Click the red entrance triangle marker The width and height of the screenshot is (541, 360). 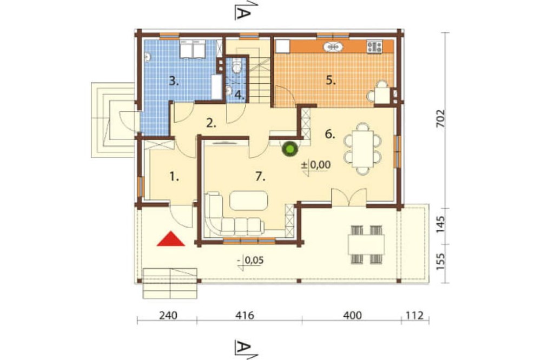(x=171, y=239)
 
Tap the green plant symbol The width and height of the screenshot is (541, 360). (x=290, y=149)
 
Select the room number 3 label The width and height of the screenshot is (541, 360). (x=174, y=82)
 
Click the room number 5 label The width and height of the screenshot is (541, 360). (x=331, y=80)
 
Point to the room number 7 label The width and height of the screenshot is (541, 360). (x=261, y=177)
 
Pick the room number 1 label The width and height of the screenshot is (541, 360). (x=174, y=177)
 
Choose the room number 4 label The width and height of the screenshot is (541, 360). (x=240, y=95)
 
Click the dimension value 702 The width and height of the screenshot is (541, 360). (x=441, y=119)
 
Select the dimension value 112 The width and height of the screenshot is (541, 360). (x=414, y=315)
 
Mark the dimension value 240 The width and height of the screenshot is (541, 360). (x=168, y=315)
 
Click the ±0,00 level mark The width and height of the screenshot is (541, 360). (x=316, y=165)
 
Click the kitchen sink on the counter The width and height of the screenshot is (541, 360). (x=333, y=46)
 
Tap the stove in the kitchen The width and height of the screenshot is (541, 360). (x=375, y=46)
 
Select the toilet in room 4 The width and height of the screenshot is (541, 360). (x=236, y=65)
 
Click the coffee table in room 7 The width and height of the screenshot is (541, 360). (x=248, y=201)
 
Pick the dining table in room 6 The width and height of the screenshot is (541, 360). (x=362, y=149)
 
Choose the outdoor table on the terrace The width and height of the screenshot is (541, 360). (x=366, y=244)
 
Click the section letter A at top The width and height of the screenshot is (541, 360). (x=242, y=13)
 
